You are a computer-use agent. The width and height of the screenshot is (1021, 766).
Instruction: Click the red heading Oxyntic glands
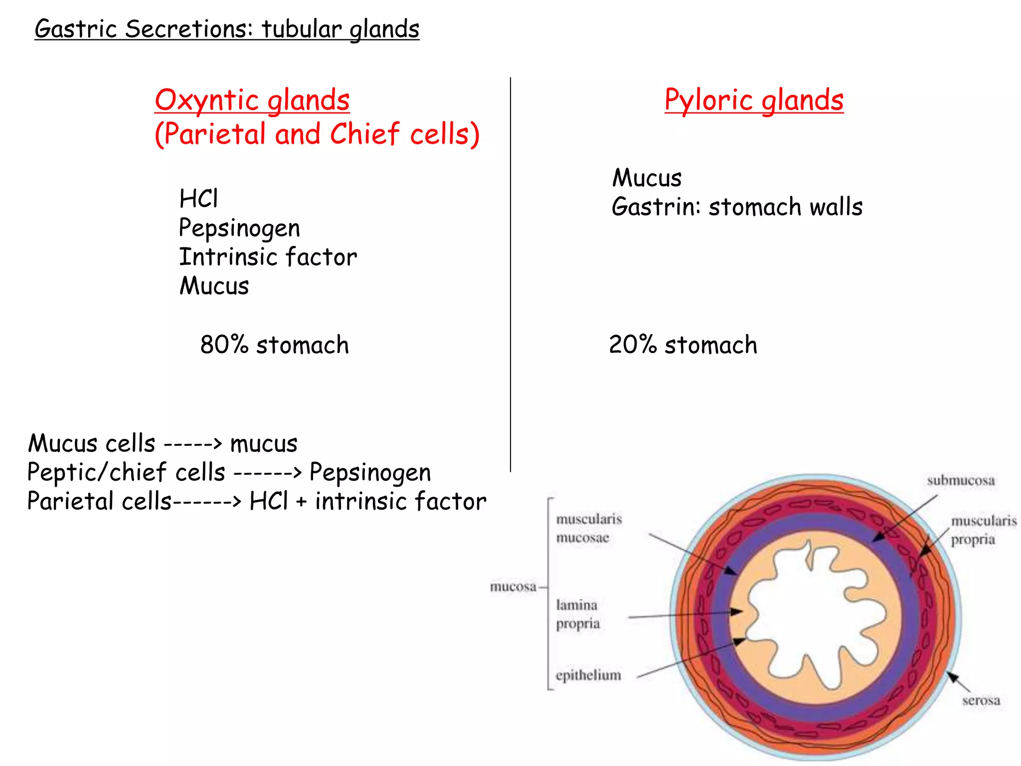click(252, 100)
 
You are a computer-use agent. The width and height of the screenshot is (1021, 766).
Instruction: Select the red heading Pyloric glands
click(754, 100)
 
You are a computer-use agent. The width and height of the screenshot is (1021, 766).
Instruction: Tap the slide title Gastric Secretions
click(227, 29)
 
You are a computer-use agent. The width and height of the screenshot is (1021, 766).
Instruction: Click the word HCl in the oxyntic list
click(198, 198)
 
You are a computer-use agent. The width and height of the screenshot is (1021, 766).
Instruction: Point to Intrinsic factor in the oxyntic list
click(268, 257)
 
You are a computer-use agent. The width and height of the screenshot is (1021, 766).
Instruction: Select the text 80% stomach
click(274, 345)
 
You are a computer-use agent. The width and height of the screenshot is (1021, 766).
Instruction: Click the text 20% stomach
click(683, 345)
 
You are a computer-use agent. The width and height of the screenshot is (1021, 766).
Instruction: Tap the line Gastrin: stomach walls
click(737, 207)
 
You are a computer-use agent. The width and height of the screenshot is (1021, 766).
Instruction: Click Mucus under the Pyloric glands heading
click(647, 178)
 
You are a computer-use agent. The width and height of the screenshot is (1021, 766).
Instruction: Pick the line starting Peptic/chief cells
click(229, 472)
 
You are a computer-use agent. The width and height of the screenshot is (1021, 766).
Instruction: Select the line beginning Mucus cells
click(163, 443)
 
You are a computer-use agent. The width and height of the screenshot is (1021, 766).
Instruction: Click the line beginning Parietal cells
click(256, 501)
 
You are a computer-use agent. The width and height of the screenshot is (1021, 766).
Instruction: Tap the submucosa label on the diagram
click(961, 481)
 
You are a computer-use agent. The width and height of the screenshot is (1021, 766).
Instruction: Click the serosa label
click(981, 701)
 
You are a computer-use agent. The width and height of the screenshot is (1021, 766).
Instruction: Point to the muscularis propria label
click(982, 530)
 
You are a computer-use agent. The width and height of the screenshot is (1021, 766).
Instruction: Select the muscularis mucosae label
click(588, 528)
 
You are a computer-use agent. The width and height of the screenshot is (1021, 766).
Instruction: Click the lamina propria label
click(577, 614)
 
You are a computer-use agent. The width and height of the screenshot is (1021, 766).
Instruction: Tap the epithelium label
click(588, 675)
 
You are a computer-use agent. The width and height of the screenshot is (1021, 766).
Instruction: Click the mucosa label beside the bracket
click(513, 586)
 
